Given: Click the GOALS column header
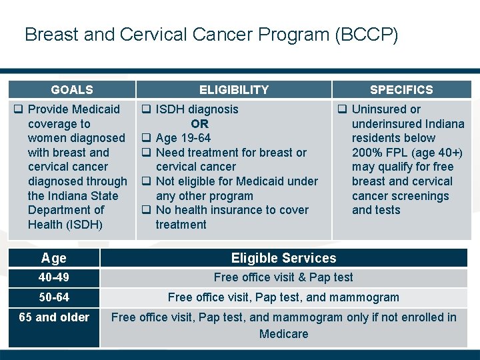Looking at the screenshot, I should [x=72, y=89].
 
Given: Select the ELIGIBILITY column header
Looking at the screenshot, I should [x=233, y=89].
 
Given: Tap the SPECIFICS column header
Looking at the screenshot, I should [x=401, y=89].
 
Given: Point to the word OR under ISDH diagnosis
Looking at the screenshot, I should [x=199, y=124].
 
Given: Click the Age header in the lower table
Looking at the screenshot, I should [x=54, y=258].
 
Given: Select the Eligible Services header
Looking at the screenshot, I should [x=283, y=258].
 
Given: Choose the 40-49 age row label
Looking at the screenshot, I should [x=54, y=277].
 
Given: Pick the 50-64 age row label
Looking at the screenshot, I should [x=54, y=297].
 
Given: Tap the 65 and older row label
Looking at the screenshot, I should [x=54, y=317].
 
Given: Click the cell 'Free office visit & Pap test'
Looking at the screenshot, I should [x=283, y=277].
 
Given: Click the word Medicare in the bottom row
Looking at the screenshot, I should [x=283, y=333].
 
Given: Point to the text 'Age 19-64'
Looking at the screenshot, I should [x=183, y=138].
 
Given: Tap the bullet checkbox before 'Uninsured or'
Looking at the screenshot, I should [x=342, y=109].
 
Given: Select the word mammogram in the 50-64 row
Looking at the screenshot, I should [x=366, y=297].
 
